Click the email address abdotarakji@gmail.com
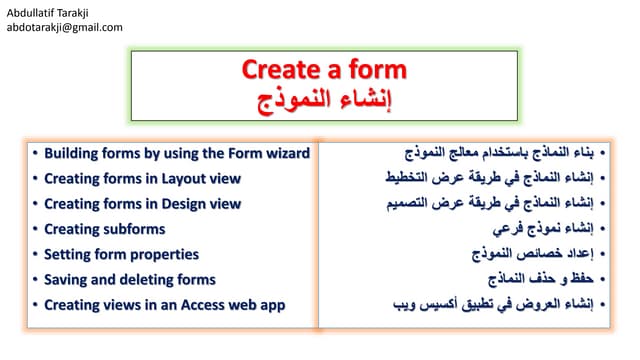(x=65, y=27)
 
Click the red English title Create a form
(x=324, y=70)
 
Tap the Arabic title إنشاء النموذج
(x=324, y=98)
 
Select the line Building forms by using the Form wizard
(x=177, y=153)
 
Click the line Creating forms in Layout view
(x=142, y=178)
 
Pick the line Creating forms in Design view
(x=142, y=203)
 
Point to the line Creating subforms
(x=105, y=229)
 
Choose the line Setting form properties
(x=121, y=254)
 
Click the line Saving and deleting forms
(x=130, y=279)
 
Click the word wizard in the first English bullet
(x=284, y=153)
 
